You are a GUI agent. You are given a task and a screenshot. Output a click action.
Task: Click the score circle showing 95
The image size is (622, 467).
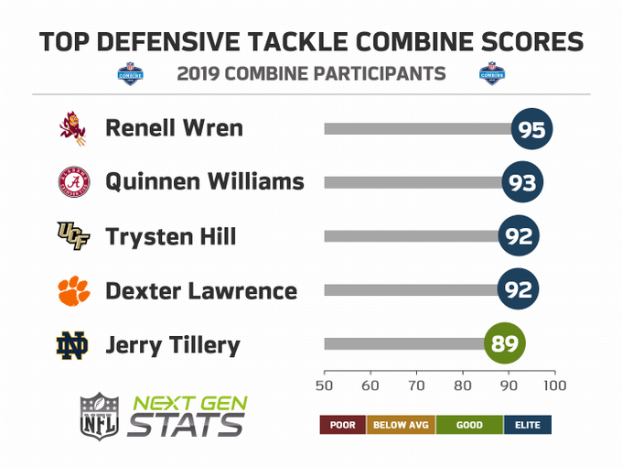[x=531, y=129]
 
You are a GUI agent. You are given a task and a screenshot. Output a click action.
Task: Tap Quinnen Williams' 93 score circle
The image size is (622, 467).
[x=522, y=182]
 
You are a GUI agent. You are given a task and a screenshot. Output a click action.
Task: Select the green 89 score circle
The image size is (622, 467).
[x=505, y=343]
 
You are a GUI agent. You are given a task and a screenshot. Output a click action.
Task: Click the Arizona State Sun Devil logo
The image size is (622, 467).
[x=72, y=128]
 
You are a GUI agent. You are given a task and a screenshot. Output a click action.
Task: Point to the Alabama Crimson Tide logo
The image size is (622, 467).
[x=74, y=182]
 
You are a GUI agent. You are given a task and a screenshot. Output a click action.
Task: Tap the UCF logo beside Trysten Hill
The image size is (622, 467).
[x=73, y=236]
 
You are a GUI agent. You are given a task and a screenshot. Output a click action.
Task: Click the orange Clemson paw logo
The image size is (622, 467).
[x=74, y=290]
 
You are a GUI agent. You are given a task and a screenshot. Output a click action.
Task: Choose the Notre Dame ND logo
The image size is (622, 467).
[x=71, y=345]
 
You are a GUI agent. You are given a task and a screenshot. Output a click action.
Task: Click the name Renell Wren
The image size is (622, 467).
[x=174, y=128]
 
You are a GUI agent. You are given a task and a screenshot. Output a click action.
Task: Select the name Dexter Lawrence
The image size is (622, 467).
[x=201, y=290]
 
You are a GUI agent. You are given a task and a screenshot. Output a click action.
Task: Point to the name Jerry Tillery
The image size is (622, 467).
[x=173, y=345]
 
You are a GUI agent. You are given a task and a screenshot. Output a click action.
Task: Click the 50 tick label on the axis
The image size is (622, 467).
[x=324, y=386]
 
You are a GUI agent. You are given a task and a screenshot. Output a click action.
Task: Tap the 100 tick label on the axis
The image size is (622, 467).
[x=554, y=386]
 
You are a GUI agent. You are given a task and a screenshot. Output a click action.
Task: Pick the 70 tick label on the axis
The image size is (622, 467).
[x=416, y=386]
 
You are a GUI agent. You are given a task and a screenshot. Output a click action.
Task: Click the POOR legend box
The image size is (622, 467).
[x=343, y=425]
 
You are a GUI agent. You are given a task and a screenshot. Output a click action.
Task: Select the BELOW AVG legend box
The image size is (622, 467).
[x=401, y=425]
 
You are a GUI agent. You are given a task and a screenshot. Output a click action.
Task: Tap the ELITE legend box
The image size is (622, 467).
[x=528, y=425]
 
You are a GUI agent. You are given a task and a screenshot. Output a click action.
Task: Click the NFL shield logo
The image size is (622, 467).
[x=100, y=417]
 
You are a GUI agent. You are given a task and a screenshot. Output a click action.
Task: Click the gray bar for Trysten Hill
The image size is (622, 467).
[x=412, y=236]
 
